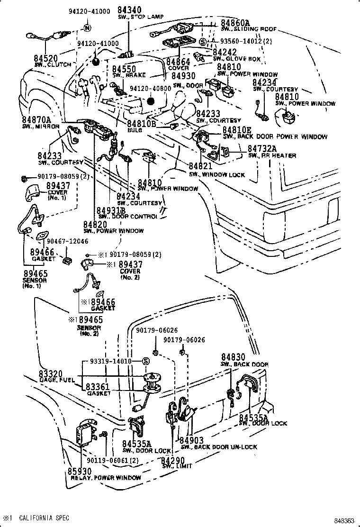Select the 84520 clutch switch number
(x=45, y=58)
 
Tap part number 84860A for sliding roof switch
(x=235, y=22)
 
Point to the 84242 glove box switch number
(x=225, y=52)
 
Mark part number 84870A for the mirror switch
(x=36, y=120)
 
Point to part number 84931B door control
(x=111, y=210)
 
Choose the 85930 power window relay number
(x=80, y=472)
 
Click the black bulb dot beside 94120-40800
(x=152, y=100)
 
